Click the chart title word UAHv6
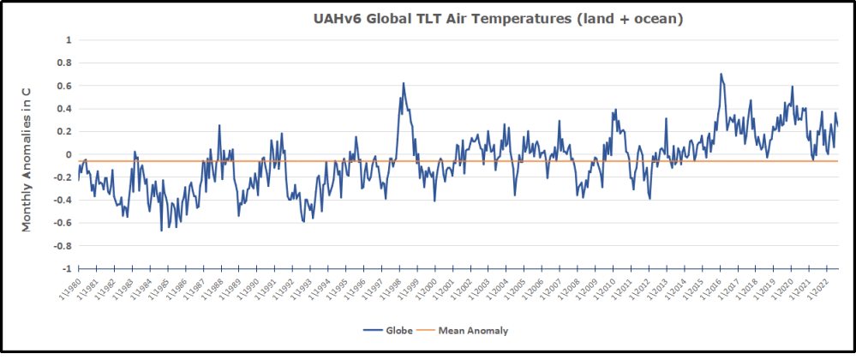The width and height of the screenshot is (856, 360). (338, 19)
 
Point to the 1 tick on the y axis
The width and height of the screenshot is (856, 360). (68, 40)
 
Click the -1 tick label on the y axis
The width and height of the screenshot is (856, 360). (66, 268)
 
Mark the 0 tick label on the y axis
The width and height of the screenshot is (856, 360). (68, 154)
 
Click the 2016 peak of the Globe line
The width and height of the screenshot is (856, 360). (721, 75)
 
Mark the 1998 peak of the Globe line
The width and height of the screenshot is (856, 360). (404, 83)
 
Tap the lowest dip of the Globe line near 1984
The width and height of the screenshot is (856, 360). (161, 231)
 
